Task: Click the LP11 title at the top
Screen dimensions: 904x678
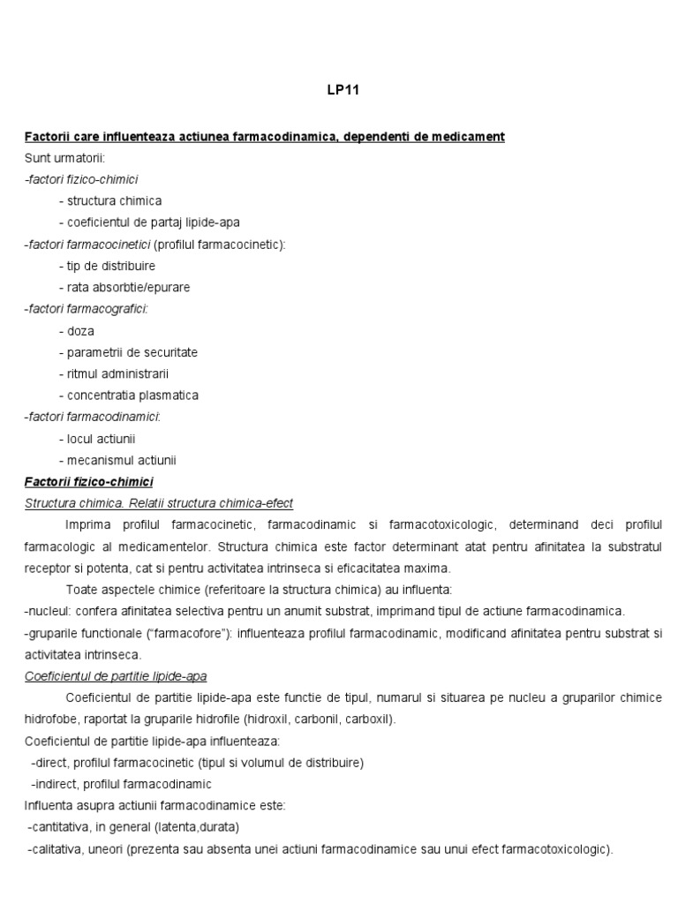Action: coord(338,89)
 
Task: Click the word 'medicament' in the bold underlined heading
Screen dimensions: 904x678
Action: coord(471,137)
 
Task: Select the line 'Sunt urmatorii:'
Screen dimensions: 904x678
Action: coord(64,158)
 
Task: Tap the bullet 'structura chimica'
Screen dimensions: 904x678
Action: coord(110,201)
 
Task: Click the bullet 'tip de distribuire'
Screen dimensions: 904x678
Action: coord(107,266)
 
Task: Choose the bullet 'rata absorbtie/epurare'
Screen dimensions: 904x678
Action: coord(124,288)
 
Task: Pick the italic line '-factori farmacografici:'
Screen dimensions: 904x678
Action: coord(86,309)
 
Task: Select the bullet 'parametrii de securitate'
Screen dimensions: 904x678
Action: coord(128,352)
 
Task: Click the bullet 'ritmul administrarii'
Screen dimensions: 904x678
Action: coord(114,374)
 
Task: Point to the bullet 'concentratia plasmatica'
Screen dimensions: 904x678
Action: coord(129,395)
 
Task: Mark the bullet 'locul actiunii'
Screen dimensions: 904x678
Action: coord(97,439)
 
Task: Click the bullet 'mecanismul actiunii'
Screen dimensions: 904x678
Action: coord(117,460)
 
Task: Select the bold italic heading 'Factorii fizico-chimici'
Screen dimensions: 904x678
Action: coord(88,481)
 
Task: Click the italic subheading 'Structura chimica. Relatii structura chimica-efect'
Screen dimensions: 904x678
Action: coord(159,503)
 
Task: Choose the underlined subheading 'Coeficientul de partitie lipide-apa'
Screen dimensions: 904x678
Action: coord(116,676)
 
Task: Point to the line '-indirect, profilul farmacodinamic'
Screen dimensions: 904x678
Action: coord(121,784)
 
